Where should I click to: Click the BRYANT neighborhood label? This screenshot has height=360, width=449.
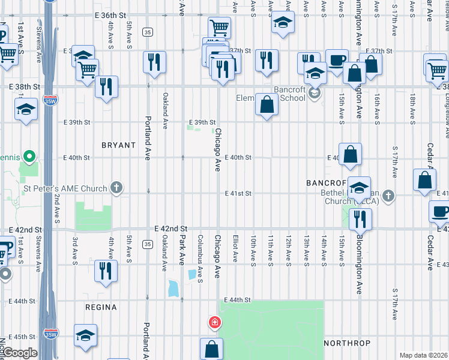[118, 145]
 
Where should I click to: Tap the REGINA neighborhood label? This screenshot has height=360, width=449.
[101, 307]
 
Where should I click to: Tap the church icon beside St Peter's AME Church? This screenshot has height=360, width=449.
[116, 188]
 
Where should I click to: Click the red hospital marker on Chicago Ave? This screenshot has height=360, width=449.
[214, 323]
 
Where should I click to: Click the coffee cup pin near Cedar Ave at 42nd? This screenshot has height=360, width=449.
[441, 212]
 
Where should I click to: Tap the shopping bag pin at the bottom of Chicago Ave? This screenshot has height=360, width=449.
[211, 349]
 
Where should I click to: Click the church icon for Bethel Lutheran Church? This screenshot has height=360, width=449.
[388, 196]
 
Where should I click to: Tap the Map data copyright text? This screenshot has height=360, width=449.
[424, 355]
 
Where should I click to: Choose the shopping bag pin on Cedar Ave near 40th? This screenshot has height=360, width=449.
[425, 179]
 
